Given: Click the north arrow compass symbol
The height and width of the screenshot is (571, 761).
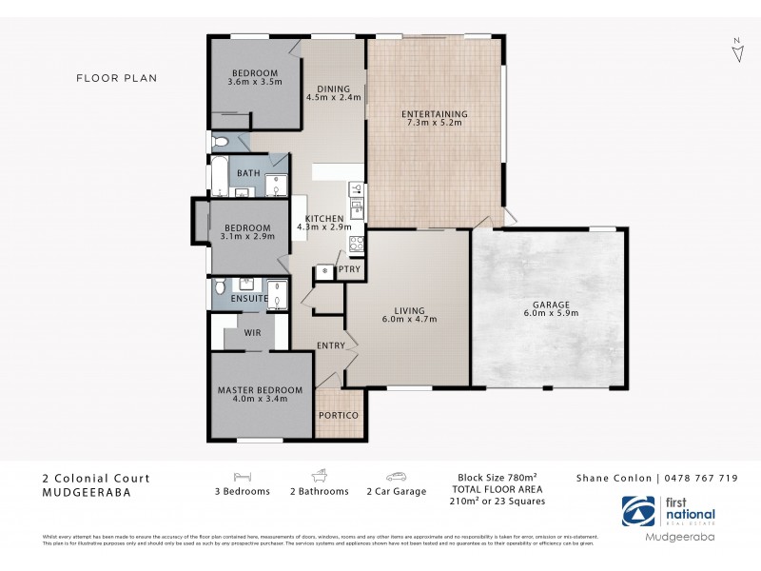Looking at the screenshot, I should tap(737, 49).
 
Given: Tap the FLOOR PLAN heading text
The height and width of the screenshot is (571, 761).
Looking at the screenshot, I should tap(116, 78).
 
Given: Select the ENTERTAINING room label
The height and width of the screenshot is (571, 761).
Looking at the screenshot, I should tap(437, 114).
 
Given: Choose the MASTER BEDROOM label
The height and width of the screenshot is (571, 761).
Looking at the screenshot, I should tap(260, 390).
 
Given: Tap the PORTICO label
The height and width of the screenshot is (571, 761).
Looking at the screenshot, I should tap(340, 416).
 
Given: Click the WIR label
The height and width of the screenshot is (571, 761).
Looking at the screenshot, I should tap(253, 334).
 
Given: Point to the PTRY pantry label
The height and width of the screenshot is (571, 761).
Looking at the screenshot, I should tap(349, 269).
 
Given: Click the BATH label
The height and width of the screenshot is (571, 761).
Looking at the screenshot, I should tap(248, 173).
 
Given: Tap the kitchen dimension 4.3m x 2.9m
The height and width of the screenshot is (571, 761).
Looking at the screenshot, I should tap(324, 227).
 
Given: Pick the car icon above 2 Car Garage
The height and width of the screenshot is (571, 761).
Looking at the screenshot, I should tap(397, 477).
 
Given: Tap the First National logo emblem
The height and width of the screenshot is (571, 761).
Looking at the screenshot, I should tap(637, 511).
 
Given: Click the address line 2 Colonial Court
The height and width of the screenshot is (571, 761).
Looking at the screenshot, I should tap(96, 479).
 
